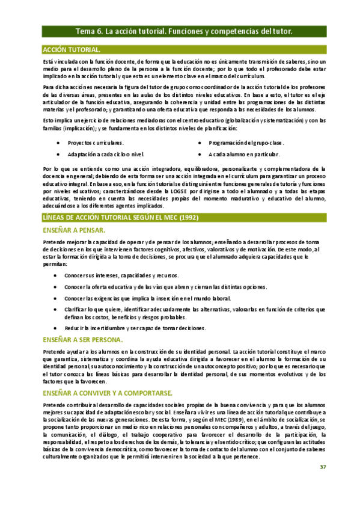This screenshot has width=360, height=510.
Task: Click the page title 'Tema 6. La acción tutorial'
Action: [183, 31]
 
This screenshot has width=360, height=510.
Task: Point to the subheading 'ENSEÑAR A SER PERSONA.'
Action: [84, 340]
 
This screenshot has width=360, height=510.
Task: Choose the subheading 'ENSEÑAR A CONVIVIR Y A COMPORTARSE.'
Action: [109, 392]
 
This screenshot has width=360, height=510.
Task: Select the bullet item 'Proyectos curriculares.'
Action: [96, 143]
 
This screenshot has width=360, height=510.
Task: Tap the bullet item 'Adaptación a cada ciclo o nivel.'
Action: [106, 155]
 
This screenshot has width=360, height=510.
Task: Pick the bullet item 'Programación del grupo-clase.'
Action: [246, 143]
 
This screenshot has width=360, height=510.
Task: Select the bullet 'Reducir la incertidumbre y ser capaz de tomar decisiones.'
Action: [136, 328]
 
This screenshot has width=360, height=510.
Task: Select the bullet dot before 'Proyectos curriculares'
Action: [57, 143]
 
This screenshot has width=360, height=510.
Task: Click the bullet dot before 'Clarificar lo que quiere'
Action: [57, 309]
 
